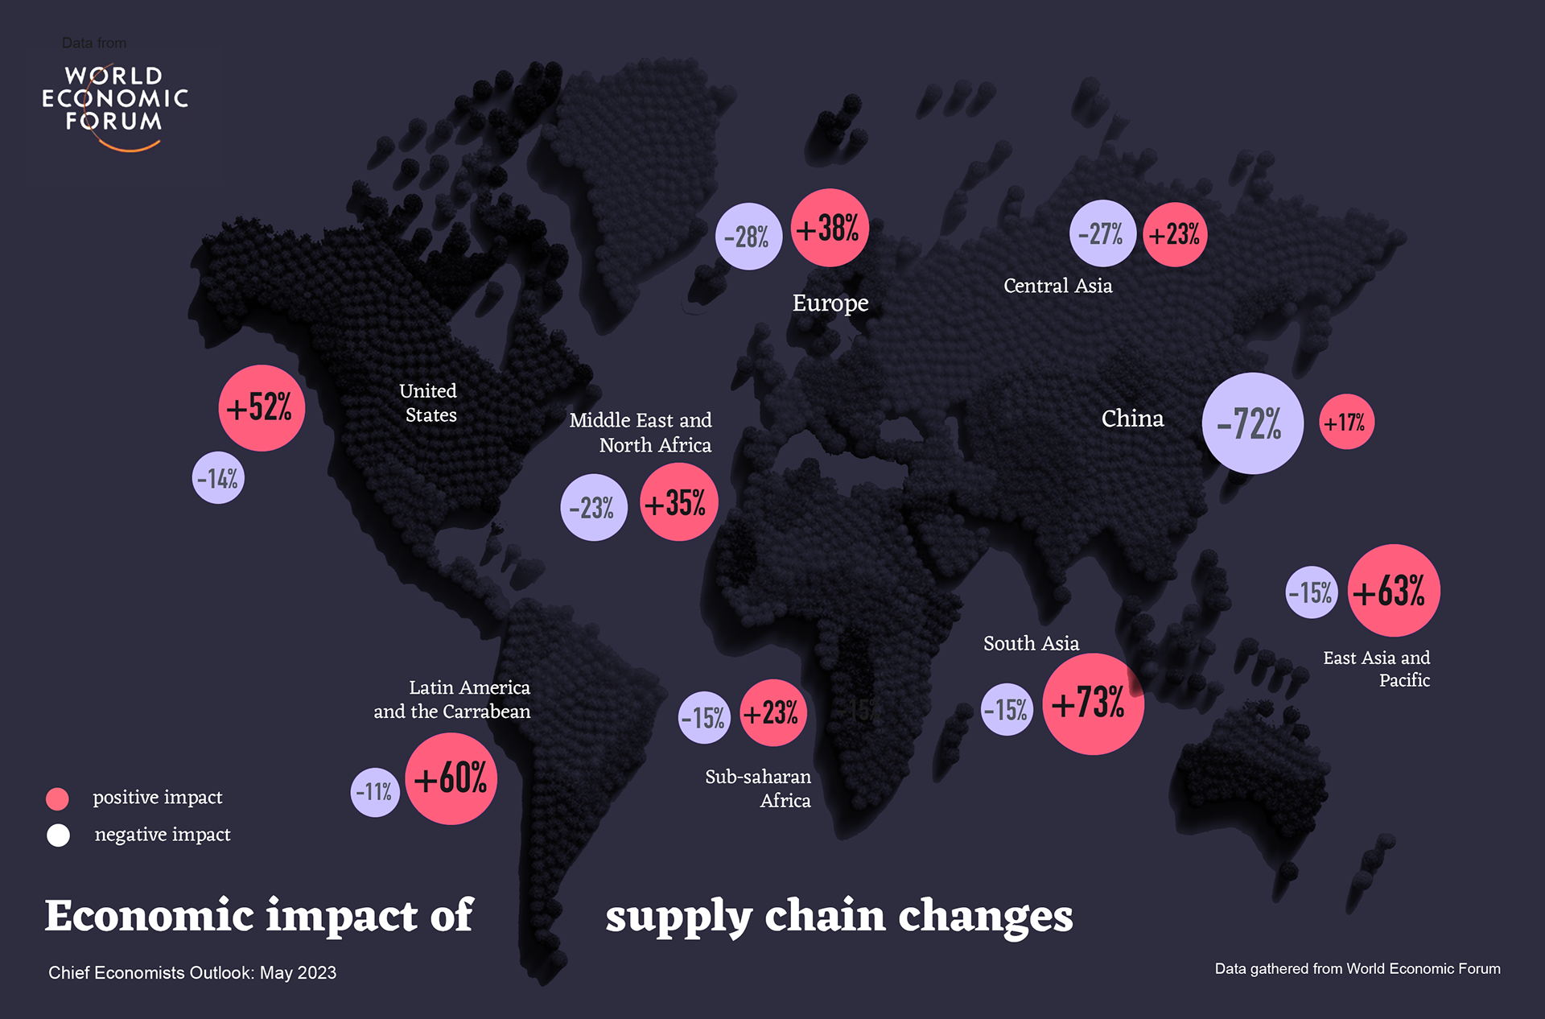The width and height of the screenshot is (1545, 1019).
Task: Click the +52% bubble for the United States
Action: click(x=262, y=408)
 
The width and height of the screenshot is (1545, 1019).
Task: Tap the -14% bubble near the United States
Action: click(x=218, y=479)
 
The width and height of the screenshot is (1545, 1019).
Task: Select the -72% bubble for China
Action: click(x=1252, y=423)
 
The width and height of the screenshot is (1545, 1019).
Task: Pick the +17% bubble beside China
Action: click(x=1346, y=422)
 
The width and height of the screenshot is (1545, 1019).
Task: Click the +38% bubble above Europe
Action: click(x=830, y=229)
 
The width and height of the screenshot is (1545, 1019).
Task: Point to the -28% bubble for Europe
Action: click(x=748, y=237)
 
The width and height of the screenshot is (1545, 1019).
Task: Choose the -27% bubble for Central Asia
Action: click(x=1102, y=233)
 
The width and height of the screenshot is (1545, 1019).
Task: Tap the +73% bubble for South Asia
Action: click(x=1092, y=703)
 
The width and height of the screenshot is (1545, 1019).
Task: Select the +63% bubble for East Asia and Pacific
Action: click(x=1393, y=591)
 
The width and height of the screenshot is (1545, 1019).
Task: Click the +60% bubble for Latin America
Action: click(x=451, y=778)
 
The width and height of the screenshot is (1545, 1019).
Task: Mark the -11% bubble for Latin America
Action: click(x=375, y=792)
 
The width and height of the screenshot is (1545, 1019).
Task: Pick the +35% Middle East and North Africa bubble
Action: click(x=678, y=502)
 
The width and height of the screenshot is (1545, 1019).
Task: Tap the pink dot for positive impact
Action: click(x=58, y=798)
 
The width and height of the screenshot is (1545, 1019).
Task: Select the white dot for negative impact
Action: click(x=58, y=835)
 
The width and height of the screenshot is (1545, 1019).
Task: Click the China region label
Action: click(x=1132, y=419)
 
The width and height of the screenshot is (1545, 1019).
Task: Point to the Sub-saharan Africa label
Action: click(x=758, y=789)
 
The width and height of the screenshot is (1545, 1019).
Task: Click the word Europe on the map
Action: click(x=830, y=303)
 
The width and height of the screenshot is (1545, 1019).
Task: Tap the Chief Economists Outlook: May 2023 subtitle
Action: click(x=192, y=972)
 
